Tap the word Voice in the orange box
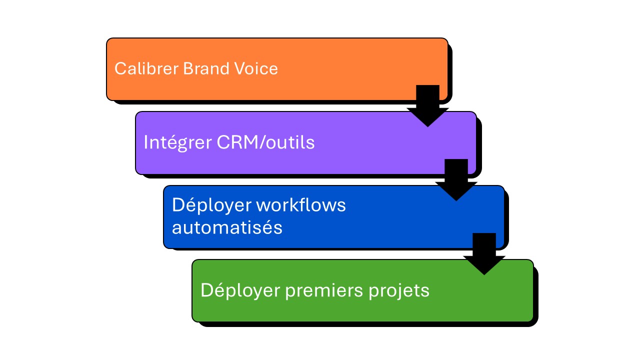coord(257,68)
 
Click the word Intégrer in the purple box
coord(177,142)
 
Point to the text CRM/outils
coord(266,142)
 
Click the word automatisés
coord(227,228)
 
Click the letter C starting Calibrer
coord(119,68)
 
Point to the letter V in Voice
coord(239,68)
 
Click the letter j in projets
coord(400,291)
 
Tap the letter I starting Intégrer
coord(145,142)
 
